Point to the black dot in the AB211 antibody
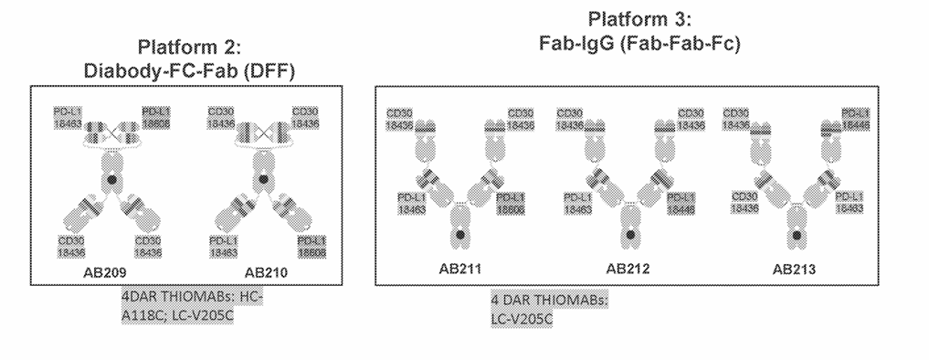click(457, 235)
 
